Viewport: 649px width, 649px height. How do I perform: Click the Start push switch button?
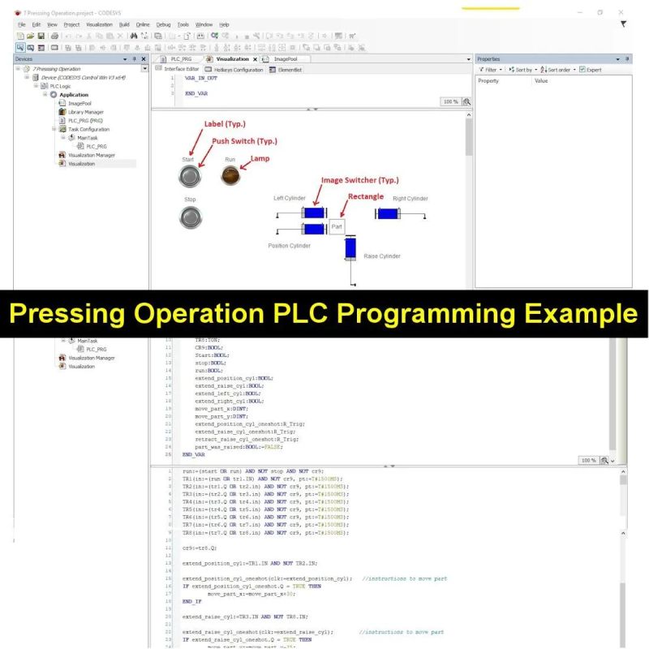pos(190,177)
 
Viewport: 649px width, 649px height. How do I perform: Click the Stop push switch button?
pos(190,217)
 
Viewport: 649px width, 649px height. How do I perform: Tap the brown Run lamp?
pos(230,177)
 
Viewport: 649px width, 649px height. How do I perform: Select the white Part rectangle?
pos(337,227)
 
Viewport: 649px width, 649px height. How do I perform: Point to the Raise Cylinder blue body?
pos(350,249)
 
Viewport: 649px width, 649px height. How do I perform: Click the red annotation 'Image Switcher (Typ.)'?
pos(359,180)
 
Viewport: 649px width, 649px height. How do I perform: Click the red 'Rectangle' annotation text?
pos(365,196)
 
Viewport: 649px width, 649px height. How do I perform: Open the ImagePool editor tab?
pos(286,59)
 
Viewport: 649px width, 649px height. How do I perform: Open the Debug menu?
pos(163,25)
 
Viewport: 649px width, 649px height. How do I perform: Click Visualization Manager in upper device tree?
pos(92,155)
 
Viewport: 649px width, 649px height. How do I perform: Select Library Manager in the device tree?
pos(85,112)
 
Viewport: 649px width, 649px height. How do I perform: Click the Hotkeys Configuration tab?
pos(238,70)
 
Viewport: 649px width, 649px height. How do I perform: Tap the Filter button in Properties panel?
pos(491,70)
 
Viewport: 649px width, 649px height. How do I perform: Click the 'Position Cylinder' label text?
pos(289,245)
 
